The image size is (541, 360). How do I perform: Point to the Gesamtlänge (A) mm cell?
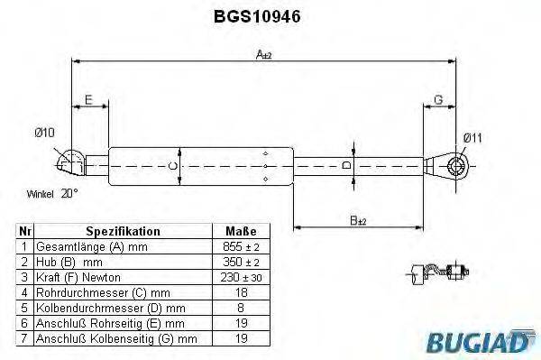click(90, 246)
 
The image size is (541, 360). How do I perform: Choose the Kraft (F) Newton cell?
click(78, 276)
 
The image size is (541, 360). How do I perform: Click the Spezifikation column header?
click(123, 231)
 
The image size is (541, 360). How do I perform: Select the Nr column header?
click(25, 231)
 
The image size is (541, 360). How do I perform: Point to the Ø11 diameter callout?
click(472, 137)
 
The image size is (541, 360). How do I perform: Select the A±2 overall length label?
click(264, 55)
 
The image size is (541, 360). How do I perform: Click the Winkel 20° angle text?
click(52, 193)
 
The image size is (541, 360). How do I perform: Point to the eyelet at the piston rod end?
click(454, 165)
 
